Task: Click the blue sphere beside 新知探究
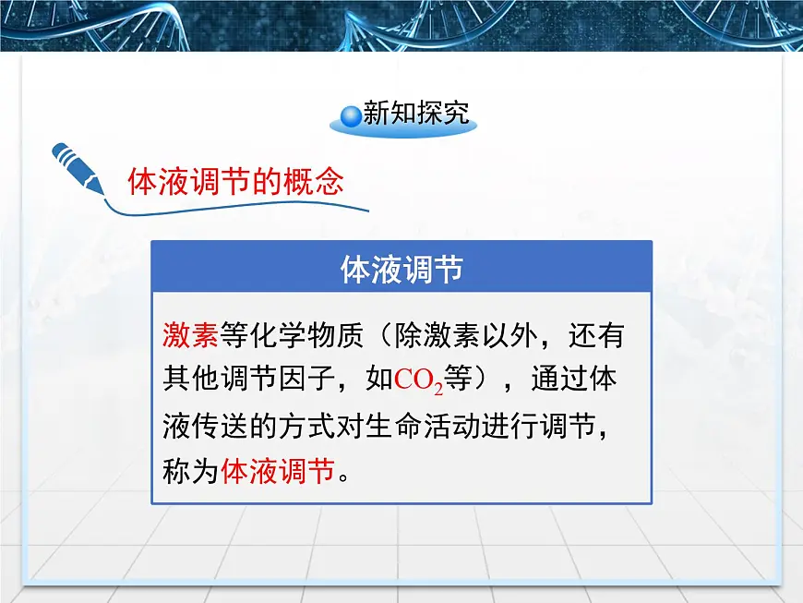351,115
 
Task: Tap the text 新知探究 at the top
416,114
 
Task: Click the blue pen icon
78,167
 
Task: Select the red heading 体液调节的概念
235,181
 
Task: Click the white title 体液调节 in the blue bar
401,270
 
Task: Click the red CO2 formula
419,380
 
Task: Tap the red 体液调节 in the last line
277,472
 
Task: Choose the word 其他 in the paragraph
190,380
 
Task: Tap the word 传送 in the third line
218,426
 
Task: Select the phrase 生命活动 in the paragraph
413,426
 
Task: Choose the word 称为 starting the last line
190,472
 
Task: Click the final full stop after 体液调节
344,478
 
